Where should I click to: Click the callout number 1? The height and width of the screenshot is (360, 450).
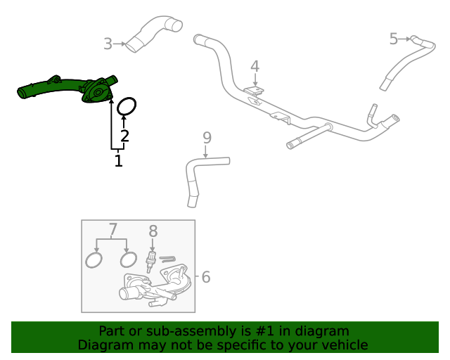(118, 161)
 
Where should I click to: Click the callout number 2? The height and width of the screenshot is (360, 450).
(124, 136)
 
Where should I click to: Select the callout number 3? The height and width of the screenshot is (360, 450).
(107, 44)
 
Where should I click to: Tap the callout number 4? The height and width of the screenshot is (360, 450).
(255, 66)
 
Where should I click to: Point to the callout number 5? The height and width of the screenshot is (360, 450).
(393, 39)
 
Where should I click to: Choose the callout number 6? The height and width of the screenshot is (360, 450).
(205, 277)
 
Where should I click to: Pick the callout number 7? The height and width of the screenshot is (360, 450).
(112, 229)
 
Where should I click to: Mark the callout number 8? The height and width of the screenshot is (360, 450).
(153, 231)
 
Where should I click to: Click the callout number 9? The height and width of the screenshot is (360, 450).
(206, 136)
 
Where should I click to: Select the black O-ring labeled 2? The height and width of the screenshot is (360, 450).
(126, 106)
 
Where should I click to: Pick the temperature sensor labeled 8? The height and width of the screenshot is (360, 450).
(150, 262)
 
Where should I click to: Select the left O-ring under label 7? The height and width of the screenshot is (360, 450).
(93, 261)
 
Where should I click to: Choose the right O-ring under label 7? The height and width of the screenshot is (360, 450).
(128, 260)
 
